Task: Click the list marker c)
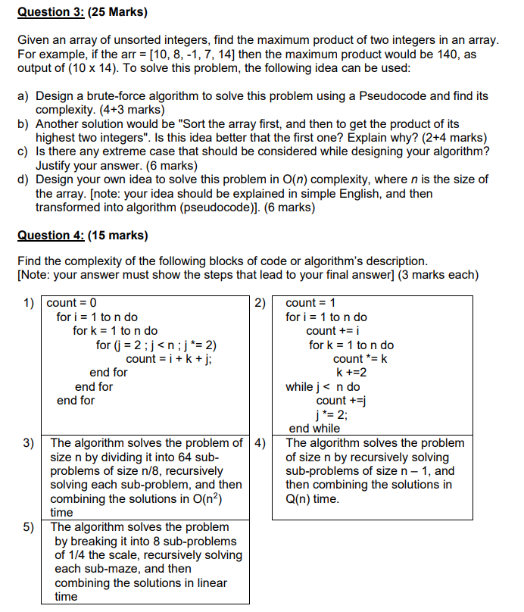tap(23, 151)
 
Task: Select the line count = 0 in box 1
tap(71, 304)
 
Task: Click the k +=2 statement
tap(351, 373)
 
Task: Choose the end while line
tap(314, 429)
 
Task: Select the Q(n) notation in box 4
tap(300, 498)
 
